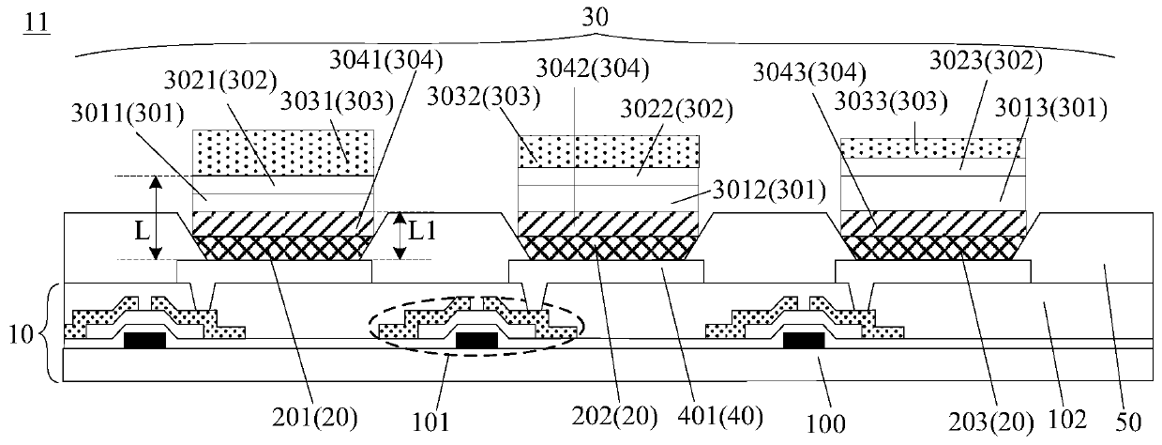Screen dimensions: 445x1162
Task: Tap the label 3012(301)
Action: click(x=778, y=193)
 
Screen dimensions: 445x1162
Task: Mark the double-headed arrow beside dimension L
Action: click(x=158, y=218)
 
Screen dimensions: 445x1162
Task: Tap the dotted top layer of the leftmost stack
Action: click(x=282, y=152)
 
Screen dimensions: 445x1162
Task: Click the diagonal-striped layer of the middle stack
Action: click(x=610, y=224)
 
